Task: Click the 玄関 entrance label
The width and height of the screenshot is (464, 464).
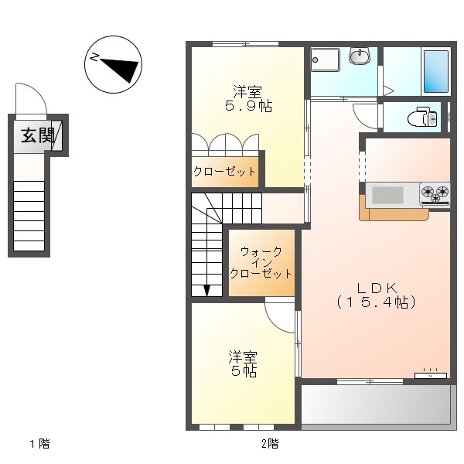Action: (x=38, y=135)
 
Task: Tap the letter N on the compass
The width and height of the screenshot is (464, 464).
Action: (x=94, y=56)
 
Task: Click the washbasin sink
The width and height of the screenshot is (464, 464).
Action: (x=360, y=56)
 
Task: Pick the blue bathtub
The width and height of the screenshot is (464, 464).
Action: (x=436, y=72)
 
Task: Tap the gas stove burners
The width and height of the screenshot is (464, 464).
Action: (x=435, y=194)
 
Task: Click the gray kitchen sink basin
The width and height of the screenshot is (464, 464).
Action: (x=387, y=195)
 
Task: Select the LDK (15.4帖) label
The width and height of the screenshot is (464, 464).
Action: (x=377, y=295)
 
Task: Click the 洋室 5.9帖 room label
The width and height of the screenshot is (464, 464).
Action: (x=248, y=98)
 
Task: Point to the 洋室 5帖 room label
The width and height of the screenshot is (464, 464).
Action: (x=243, y=363)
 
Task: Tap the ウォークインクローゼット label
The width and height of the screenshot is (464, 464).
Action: (x=261, y=262)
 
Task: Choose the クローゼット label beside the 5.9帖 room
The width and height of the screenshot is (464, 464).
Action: (x=224, y=172)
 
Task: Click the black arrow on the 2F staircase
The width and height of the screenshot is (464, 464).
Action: (x=206, y=290)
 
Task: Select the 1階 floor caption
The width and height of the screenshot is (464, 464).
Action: (x=40, y=444)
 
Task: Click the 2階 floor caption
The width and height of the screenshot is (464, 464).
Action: (x=270, y=444)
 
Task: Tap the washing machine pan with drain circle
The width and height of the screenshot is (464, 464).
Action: (x=326, y=60)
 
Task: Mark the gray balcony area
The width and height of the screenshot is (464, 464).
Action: (x=377, y=404)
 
